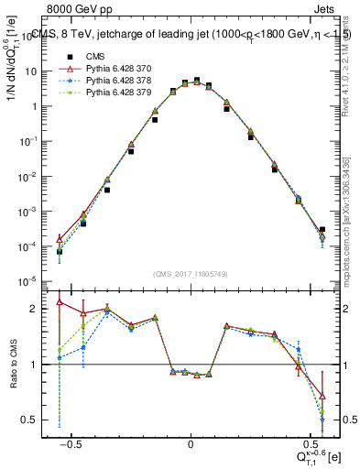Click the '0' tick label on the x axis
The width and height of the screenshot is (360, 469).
[191, 442]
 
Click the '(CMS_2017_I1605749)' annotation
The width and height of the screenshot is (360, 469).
[191, 274]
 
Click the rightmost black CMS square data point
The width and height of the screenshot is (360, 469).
[322, 230]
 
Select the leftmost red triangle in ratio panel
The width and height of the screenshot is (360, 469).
[60, 301]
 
